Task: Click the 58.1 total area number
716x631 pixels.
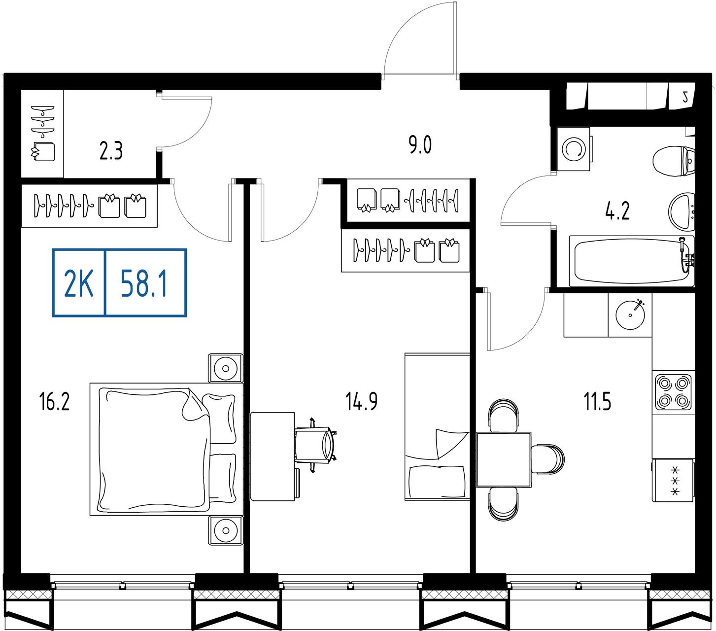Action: click(143, 283)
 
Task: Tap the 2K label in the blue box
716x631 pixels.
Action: click(78, 283)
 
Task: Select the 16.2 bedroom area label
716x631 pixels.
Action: click(54, 402)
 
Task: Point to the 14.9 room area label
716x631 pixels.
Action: click(361, 402)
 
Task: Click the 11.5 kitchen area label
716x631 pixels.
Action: click(597, 402)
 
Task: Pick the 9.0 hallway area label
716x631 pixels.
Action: click(420, 145)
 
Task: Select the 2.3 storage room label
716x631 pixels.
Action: click(110, 151)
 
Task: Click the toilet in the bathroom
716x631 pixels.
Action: click(674, 162)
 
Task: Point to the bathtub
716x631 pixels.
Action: click(632, 261)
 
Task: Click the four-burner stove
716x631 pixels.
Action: click(673, 392)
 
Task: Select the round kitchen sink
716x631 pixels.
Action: click(630, 315)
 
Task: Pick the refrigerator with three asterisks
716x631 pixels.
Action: click(673, 480)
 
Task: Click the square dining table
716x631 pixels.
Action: click(503, 459)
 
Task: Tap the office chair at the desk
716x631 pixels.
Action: click(315, 445)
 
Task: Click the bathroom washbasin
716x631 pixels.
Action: click(682, 211)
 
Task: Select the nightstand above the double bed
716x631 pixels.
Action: click(226, 368)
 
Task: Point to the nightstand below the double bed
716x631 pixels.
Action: click(226, 530)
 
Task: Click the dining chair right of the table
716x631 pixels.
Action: click(547, 459)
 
